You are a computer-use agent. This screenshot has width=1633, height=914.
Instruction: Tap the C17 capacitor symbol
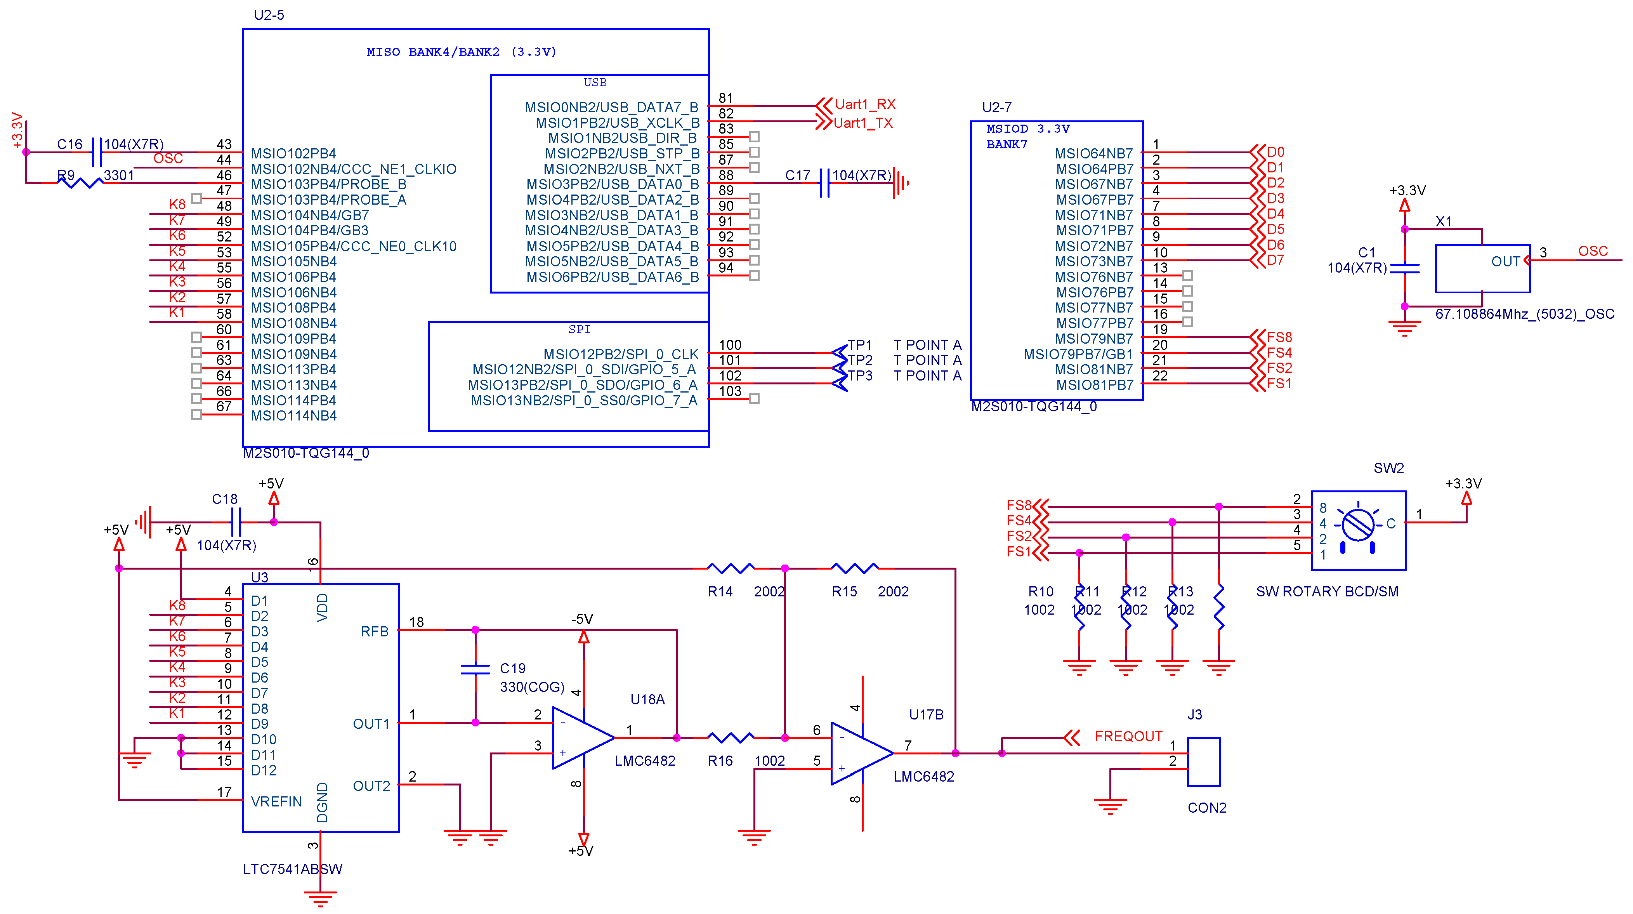pyautogui.click(x=824, y=183)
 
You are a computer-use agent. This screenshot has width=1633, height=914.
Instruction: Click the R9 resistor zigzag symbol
pyautogui.click(x=80, y=182)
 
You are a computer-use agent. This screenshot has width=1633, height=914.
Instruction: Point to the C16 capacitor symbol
pyautogui.click(x=96, y=152)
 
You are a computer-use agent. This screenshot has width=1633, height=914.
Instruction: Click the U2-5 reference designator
pyautogui.click(x=269, y=15)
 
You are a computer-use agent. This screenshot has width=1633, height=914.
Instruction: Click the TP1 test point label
pyautogui.click(x=860, y=345)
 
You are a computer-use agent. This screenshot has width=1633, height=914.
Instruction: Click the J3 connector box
pyautogui.click(x=1203, y=761)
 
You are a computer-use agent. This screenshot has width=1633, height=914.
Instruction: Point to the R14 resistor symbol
pyautogui.click(x=730, y=568)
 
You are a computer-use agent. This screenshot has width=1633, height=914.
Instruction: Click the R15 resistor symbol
pyautogui.click(x=854, y=568)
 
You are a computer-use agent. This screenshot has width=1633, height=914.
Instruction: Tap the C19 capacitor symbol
pyautogui.click(x=475, y=669)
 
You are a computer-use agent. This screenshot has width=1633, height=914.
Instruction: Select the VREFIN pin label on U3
pyautogui.click(x=276, y=802)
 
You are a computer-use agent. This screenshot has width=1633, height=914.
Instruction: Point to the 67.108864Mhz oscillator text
pyautogui.click(x=1524, y=314)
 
